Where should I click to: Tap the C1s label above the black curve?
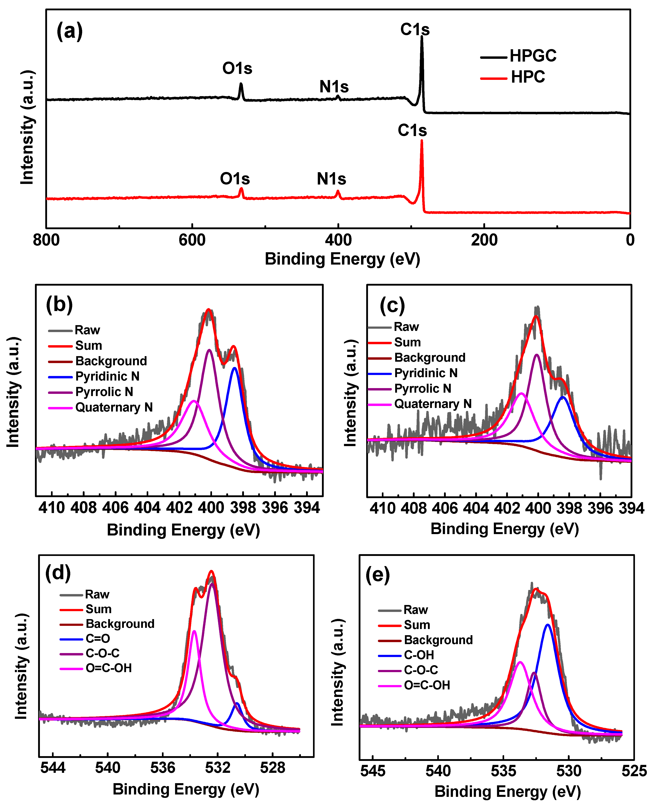[x=415, y=29]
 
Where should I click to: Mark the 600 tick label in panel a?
[x=192, y=240]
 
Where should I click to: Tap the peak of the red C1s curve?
[x=422, y=141]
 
